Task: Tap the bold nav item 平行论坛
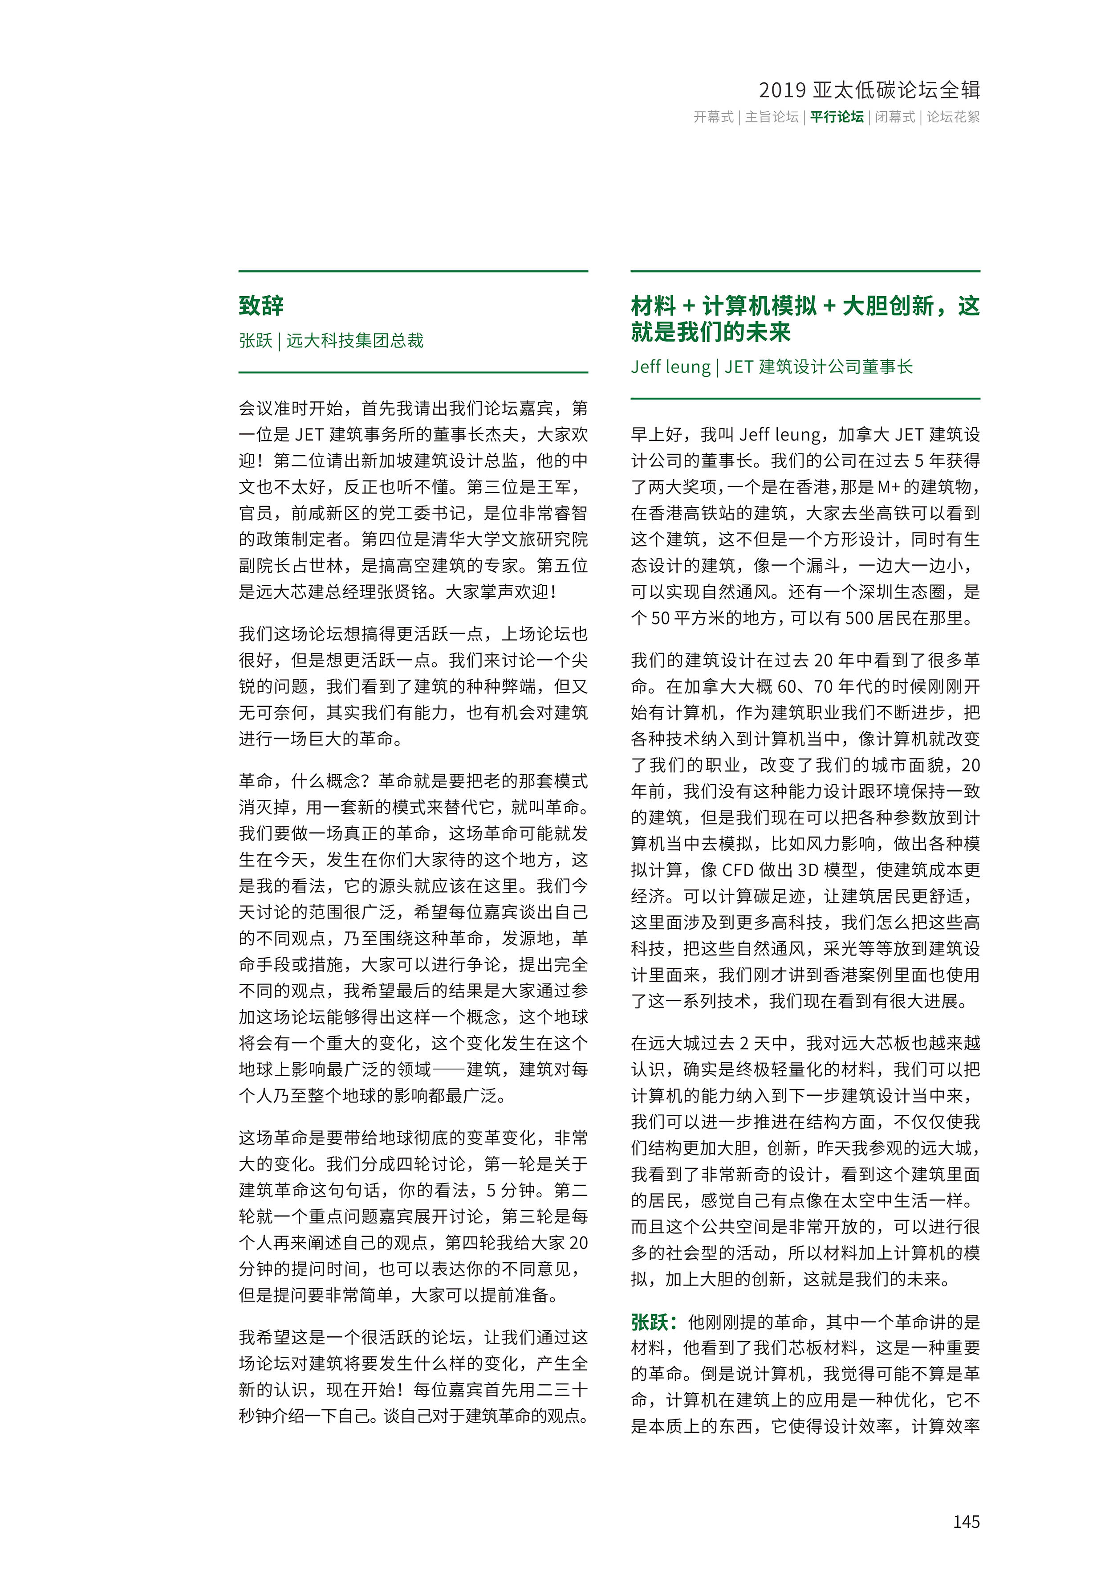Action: tap(837, 117)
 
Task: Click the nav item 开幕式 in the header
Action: tap(713, 117)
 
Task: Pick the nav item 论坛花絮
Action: tap(953, 117)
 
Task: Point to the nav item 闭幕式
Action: tap(895, 117)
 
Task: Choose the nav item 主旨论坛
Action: tap(772, 117)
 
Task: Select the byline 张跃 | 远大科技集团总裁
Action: tap(331, 341)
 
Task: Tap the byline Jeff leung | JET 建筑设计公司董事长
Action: tap(772, 367)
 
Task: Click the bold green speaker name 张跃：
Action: tap(655, 1322)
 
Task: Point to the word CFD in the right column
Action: tap(738, 870)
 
